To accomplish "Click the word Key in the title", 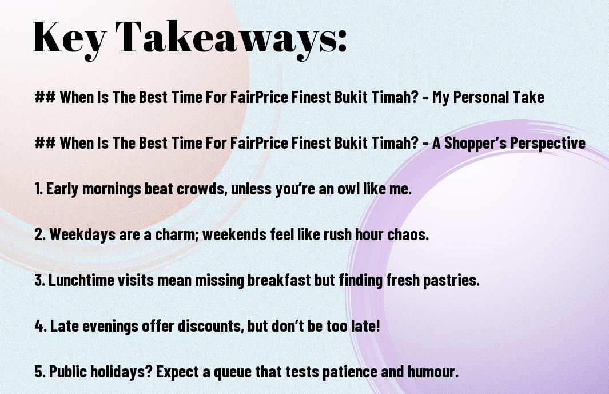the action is point(69,38).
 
